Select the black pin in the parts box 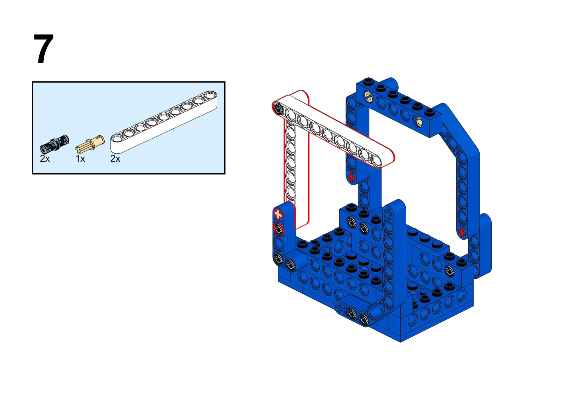click(x=54, y=144)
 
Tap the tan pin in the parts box click(x=90, y=144)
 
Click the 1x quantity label click(x=80, y=159)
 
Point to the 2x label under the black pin click(x=45, y=159)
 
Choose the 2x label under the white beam click(x=115, y=159)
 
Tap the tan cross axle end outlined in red click(x=278, y=214)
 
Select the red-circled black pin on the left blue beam click(x=279, y=229)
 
